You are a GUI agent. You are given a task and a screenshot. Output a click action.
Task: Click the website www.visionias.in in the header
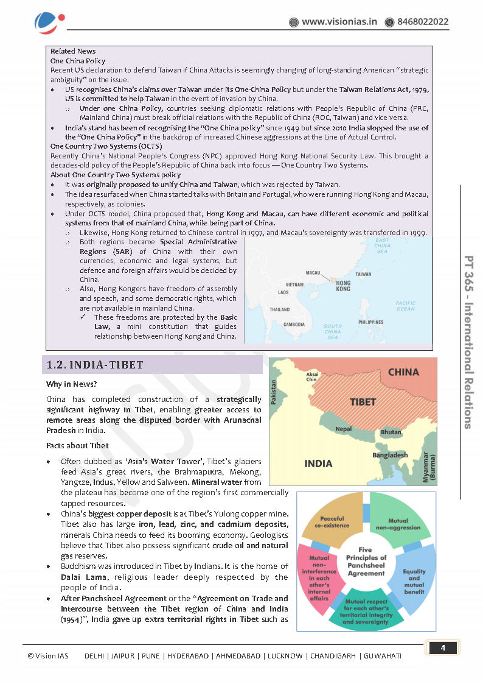tap(339, 22)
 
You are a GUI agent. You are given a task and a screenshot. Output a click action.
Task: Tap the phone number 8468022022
tap(423, 22)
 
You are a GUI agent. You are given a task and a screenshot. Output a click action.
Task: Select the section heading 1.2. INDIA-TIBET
tap(96, 365)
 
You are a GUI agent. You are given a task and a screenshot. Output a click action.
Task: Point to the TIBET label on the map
tap(363, 403)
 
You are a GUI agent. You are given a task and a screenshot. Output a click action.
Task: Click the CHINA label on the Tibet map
tap(403, 372)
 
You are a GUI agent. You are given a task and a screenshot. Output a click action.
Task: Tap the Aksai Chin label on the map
tap(313, 376)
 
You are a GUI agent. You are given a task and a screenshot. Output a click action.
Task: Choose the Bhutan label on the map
tap(391, 432)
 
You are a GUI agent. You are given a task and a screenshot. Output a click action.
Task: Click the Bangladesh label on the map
tap(390, 455)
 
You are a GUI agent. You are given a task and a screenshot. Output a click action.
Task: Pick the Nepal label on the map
tap(343, 429)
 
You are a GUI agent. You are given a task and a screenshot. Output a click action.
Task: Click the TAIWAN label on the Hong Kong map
tap(363, 274)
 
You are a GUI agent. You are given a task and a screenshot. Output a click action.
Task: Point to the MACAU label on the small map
tap(313, 273)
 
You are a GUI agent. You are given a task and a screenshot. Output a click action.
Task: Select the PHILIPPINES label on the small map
tap(370, 322)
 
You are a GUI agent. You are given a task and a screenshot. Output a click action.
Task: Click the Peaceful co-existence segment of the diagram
tap(332, 522)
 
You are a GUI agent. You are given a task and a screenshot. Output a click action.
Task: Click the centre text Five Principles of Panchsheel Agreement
tap(366, 562)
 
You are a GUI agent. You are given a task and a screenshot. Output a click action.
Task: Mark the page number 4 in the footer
tap(443, 648)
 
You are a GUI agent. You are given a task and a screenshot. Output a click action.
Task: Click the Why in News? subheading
tap(71, 384)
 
